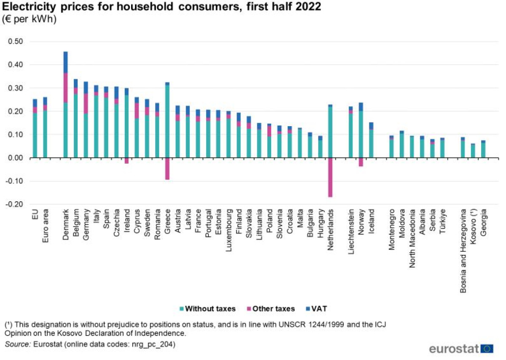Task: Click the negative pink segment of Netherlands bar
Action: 330,177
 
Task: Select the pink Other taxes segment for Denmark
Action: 65,87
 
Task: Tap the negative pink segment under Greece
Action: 167,168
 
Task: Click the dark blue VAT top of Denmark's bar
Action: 65,62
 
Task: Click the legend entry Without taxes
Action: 207,309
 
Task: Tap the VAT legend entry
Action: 319,309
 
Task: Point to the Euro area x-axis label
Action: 45,225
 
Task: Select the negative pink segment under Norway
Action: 361,162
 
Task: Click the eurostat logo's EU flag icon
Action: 488,349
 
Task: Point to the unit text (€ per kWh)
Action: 30,19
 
